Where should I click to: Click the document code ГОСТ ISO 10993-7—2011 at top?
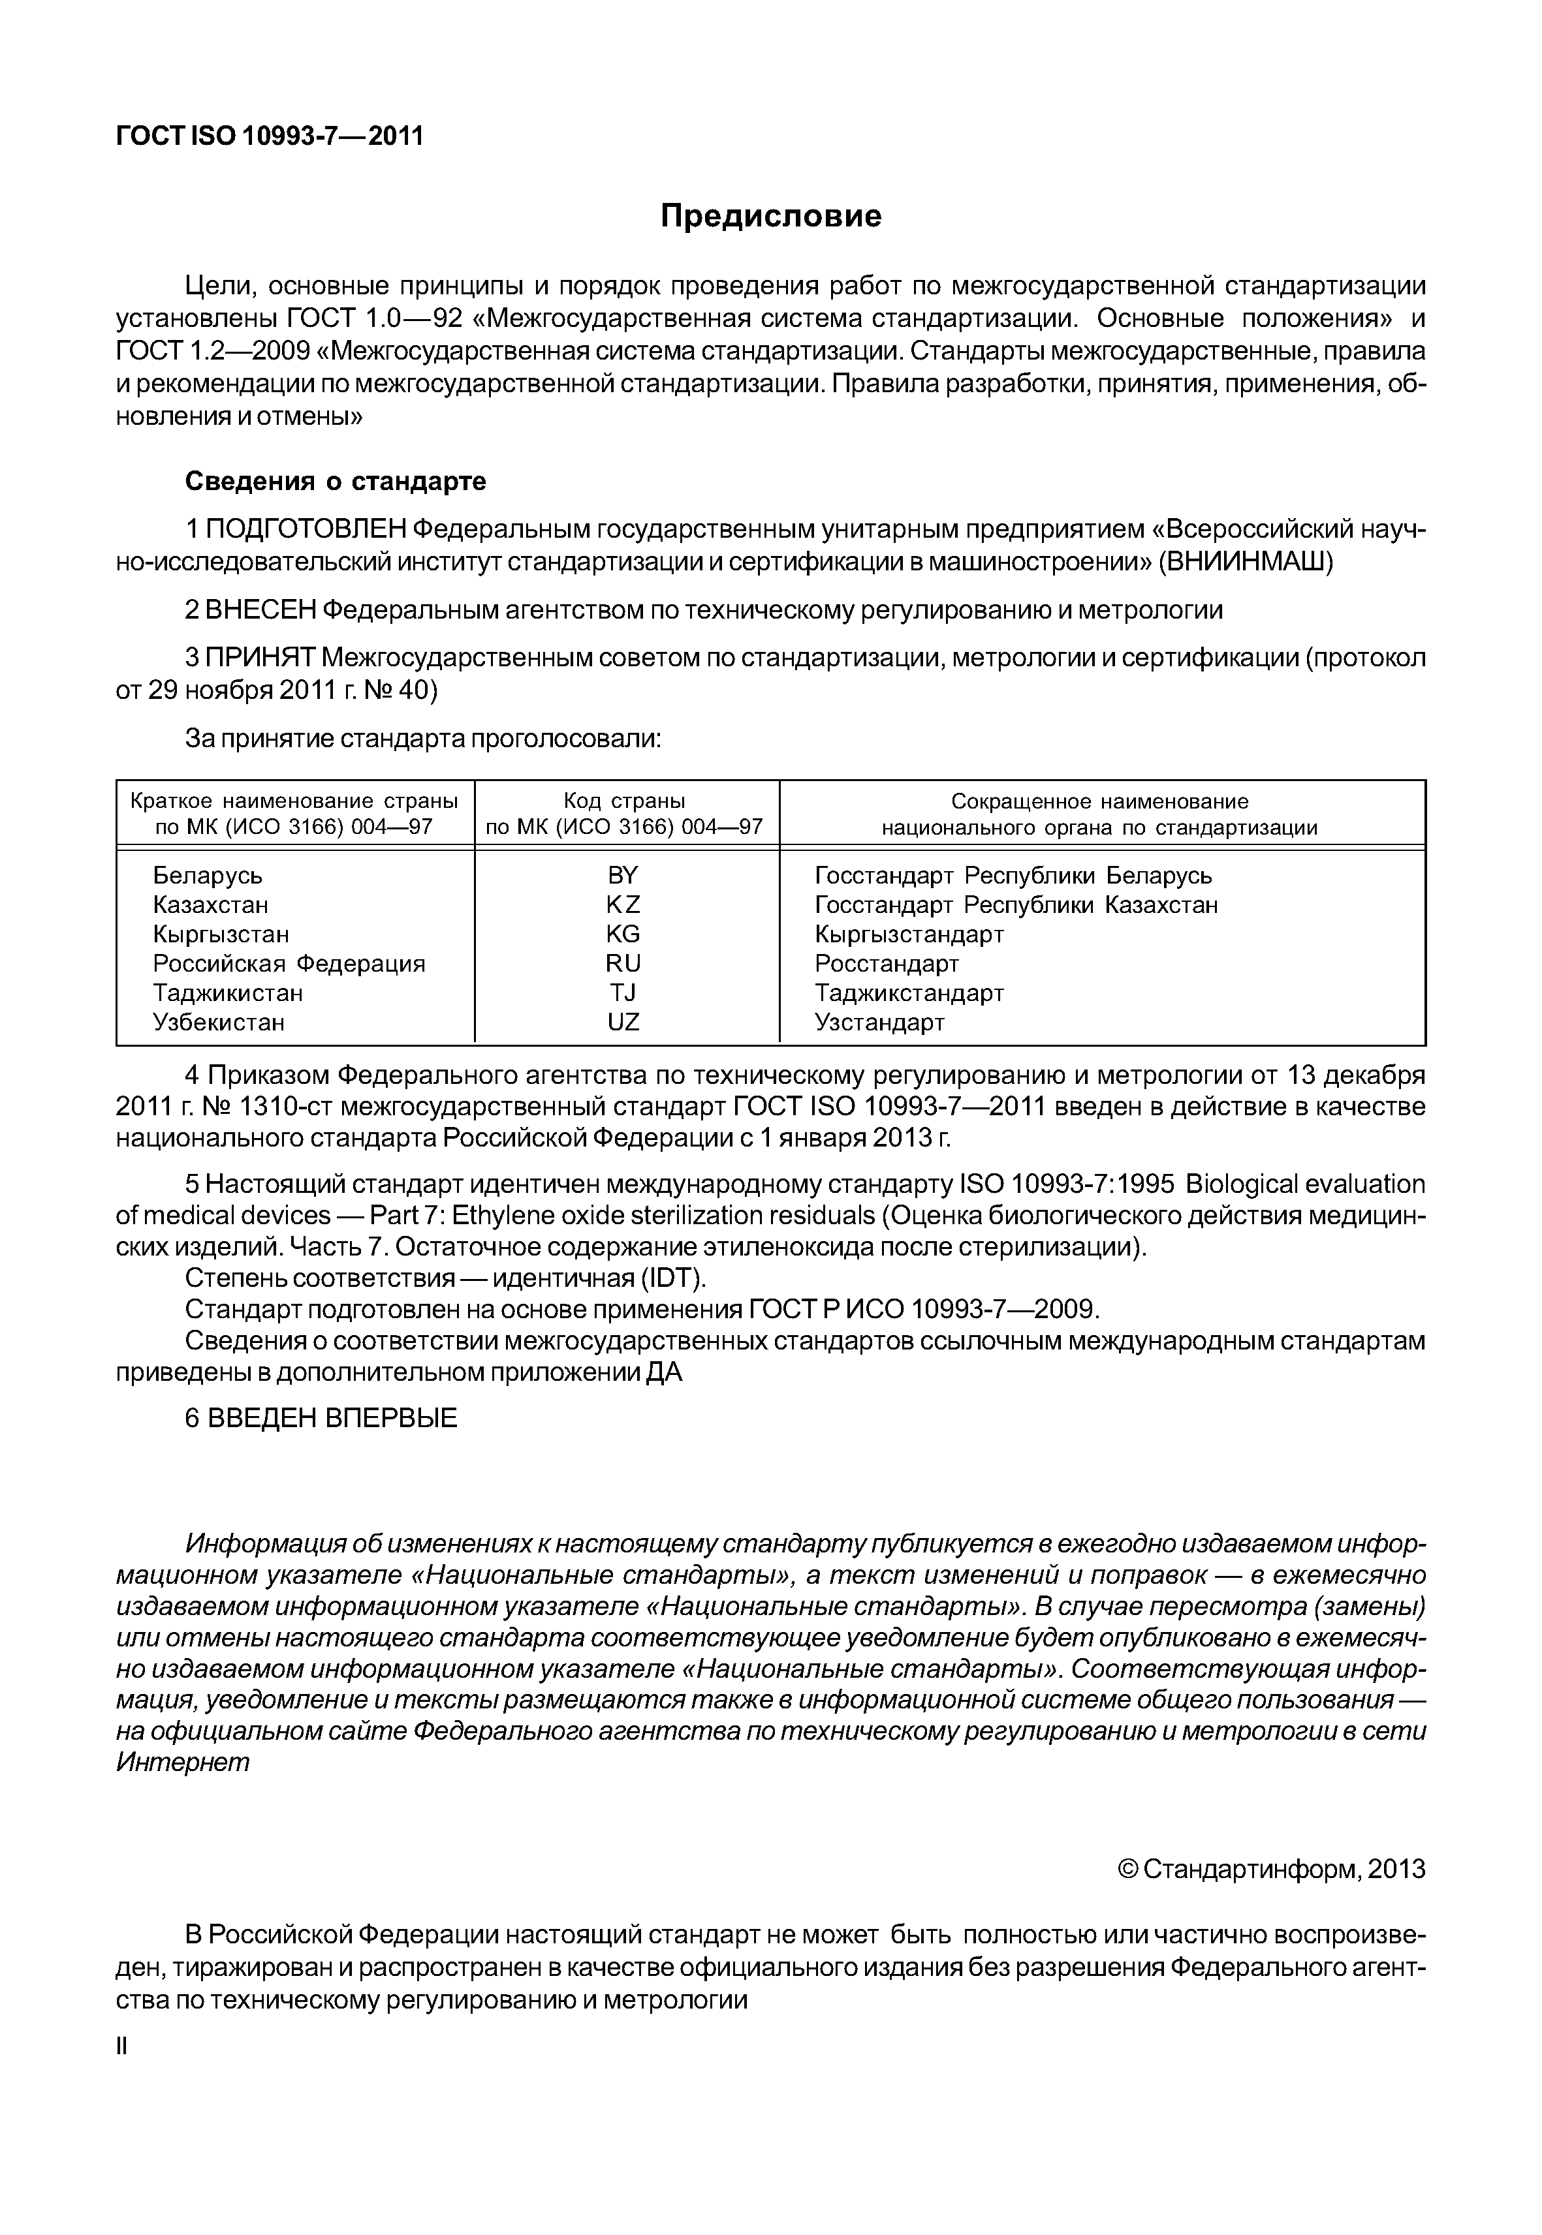(270, 136)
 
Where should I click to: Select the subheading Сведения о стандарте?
(336, 481)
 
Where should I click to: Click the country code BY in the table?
(623, 875)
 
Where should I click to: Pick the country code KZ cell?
(623, 905)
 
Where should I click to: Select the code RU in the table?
(623, 963)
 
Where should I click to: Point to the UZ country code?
(623, 1022)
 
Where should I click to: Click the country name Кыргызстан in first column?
(220, 934)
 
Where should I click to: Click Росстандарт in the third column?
(886, 963)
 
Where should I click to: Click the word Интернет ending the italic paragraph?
(183, 1762)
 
